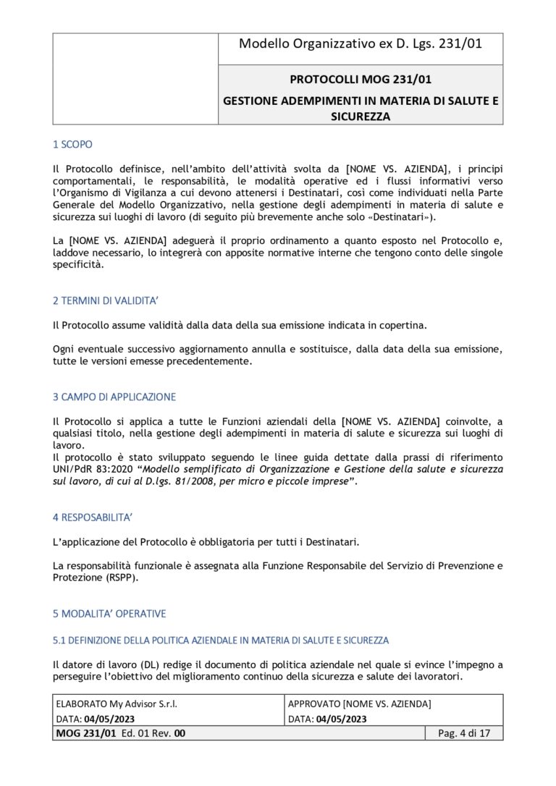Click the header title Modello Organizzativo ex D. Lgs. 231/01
point(360,44)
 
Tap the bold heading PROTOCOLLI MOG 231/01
point(360,80)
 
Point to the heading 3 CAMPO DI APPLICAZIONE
point(114,397)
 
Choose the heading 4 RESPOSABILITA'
point(93,517)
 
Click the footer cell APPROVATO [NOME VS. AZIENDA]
point(360,703)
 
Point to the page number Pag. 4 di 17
point(464,733)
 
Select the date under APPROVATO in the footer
point(341,719)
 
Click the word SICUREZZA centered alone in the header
point(360,116)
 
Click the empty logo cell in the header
point(135,79)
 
